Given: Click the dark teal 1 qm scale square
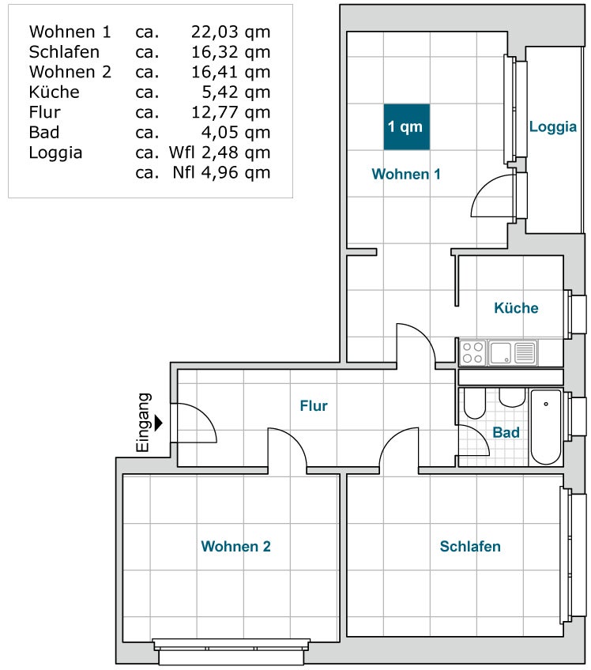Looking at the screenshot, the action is (406, 127).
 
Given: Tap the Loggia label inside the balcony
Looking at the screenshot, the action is (553, 127).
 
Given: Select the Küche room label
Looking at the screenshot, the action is (516, 307).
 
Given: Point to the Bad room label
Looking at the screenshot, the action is (506, 432).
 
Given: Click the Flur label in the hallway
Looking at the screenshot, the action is (314, 405).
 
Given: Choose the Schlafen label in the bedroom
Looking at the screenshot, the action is (470, 546).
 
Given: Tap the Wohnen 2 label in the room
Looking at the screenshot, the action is (236, 546).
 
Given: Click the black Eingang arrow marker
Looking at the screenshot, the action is (159, 423).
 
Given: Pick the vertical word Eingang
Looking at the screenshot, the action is (144, 423).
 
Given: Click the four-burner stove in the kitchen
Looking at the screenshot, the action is (473, 353).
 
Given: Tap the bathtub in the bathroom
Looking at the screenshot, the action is (546, 427).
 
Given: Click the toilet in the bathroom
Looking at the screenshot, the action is (474, 404).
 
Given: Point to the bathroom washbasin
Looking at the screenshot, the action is (512, 397).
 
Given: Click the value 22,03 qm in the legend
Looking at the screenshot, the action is (231, 32).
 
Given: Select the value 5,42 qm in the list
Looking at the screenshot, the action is (236, 92).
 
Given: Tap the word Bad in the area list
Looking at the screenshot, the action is (44, 133).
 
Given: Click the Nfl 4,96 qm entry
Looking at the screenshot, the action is (221, 172).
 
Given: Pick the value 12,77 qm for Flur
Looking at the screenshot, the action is (231, 112).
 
